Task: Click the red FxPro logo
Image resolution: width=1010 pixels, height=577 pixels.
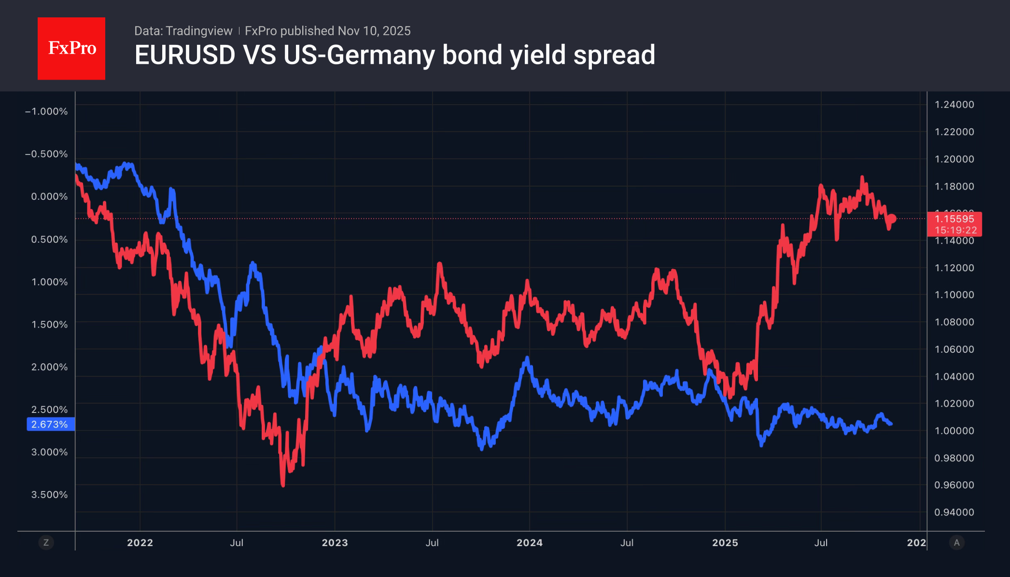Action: [x=71, y=48]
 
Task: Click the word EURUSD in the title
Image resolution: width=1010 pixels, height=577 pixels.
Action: [x=185, y=55]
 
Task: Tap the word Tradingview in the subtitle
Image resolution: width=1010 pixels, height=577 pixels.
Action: [x=199, y=31]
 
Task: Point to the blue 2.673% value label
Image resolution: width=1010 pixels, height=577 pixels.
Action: [x=50, y=425]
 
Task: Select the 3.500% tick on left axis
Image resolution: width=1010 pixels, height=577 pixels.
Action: [x=49, y=495]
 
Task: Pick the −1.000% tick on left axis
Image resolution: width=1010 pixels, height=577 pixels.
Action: [x=46, y=111]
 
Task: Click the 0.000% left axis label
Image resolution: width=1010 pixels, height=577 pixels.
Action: [x=49, y=196]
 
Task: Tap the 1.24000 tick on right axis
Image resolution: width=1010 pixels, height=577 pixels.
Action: [x=954, y=105]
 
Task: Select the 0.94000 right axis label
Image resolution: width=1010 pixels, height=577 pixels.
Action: [x=954, y=512]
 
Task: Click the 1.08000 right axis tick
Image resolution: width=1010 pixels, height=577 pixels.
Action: [x=954, y=322]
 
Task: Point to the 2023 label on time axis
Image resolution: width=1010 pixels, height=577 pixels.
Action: [x=335, y=543]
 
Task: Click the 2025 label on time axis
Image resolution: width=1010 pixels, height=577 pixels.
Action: [x=725, y=543]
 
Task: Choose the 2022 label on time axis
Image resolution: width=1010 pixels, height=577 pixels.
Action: [x=140, y=543]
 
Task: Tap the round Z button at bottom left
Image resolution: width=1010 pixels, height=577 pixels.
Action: [x=46, y=543]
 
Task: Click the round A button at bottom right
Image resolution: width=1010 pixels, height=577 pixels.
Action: [x=956, y=543]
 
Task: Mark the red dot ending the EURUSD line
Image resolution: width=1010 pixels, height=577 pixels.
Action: [x=892, y=219]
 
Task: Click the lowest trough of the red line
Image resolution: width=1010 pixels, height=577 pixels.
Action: [x=283, y=484]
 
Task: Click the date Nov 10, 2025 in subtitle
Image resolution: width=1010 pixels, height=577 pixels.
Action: [x=374, y=31]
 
